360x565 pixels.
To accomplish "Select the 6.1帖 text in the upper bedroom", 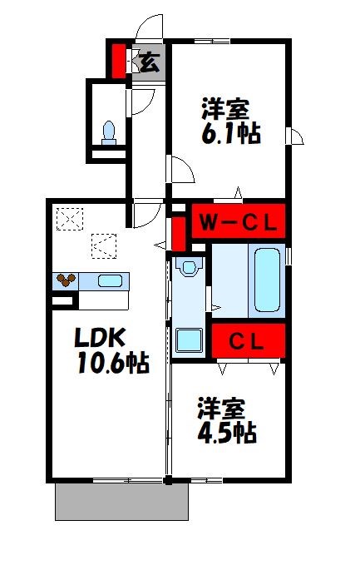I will pyautogui.click(x=229, y=134).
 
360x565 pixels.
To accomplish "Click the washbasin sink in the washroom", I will pyautogui.click(x=190, y=268).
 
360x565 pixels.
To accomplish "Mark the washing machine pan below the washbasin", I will pyautogui.click(x=190, y=339).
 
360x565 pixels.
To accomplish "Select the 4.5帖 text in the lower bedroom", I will pyautogui.click(x=226, y=433).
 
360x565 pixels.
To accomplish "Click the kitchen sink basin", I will pyautogui.click(x=110, y=280).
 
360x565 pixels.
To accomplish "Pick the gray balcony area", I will pyautogui.click(x=121, y=501).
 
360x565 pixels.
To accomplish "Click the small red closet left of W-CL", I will pyautogui.click(x=178, y=233).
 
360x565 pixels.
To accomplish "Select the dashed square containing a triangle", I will pyautogui.click(x=104, y=245).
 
